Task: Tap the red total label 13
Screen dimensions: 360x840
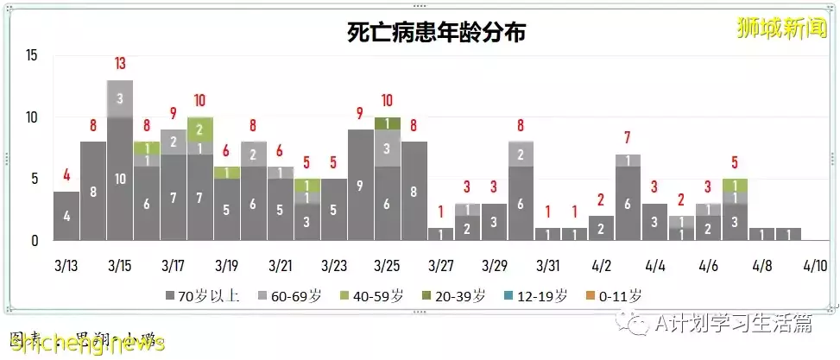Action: tap(120, 64)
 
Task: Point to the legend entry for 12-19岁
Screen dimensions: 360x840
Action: tap(538, 296)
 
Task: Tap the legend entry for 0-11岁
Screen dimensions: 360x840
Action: tap(616, 296)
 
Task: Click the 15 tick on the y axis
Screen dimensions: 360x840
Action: tap(31, 56)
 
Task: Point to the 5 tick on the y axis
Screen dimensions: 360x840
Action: tap(35, 180)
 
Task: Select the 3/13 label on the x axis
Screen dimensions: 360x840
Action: tap(66, 263)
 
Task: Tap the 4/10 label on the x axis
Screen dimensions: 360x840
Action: tap(816, 263)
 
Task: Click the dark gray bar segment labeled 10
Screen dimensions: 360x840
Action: tap(120, 179)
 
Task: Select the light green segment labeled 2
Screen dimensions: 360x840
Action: tap(200, 129)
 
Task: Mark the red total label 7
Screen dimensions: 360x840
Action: tap(628, 137)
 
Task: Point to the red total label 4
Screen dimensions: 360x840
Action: tap(66, 175)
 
